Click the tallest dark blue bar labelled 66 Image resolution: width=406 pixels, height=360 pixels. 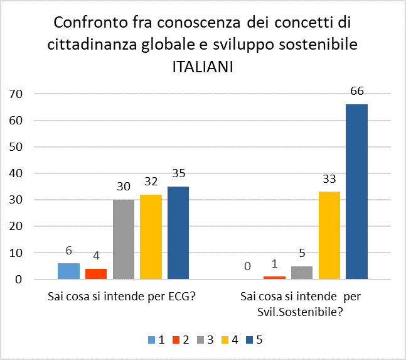(x=356, y=192)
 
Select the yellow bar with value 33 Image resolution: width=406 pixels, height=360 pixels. (x=329, y=235)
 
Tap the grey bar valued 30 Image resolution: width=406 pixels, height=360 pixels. (x=124, y=239)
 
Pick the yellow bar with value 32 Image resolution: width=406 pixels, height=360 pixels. (x=151, y=237)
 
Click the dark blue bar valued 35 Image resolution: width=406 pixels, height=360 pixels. (x=178, y=232)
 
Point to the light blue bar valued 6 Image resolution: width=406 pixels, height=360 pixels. (x=68, y=271)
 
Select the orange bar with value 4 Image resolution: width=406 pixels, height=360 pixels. (x=96, y=274)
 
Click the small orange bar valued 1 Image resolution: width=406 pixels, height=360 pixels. (x=275, y=277)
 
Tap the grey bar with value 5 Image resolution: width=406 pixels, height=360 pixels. (x=302, y=273)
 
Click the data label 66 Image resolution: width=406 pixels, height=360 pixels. (x=357, y=91)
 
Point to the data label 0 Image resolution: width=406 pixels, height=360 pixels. (x=247, y=266)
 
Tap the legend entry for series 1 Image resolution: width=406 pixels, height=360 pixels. (x=156, y=340)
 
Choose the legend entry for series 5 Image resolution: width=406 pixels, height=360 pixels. (x=254, y=340)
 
